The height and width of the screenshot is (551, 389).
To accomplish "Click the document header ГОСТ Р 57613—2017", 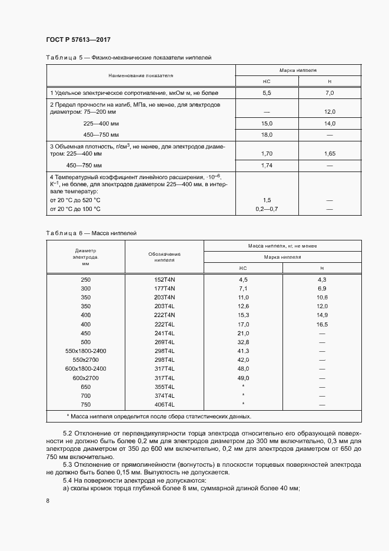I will tap(78, 39).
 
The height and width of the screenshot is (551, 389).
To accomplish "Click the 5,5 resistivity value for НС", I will tap(267, 93).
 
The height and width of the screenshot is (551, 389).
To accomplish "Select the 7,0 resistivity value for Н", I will tap(330, 93).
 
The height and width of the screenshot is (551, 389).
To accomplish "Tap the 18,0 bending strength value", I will tap(267, 135).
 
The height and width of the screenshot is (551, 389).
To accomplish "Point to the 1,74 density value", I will tap(267, 166).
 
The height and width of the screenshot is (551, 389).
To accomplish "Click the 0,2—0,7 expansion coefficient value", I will tap(267, 209).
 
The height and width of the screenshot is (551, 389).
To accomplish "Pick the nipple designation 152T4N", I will tap(165, 279).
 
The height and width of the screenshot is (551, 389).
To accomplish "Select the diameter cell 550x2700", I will tap(86, 359).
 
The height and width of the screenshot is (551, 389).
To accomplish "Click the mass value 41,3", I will tap(244, 351).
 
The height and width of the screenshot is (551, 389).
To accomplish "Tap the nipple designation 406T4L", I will tap(165, 405).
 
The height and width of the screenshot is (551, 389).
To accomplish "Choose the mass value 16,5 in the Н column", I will tap(322, 324).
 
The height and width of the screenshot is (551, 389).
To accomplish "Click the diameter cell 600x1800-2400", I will tap(86, 368).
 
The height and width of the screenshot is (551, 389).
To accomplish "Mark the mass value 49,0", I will tap(244, 378).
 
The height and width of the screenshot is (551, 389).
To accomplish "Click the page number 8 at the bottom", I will tap(47, 500).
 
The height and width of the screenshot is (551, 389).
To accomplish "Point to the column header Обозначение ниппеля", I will tap(164, 256).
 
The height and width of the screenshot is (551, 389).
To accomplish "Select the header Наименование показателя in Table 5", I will tap(141, 76).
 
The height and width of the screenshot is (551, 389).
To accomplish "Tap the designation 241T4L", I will tap(165, 333).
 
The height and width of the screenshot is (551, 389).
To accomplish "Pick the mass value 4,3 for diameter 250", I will tap(322, 279).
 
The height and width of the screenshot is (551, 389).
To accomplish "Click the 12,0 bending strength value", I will tap(330, 111).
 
